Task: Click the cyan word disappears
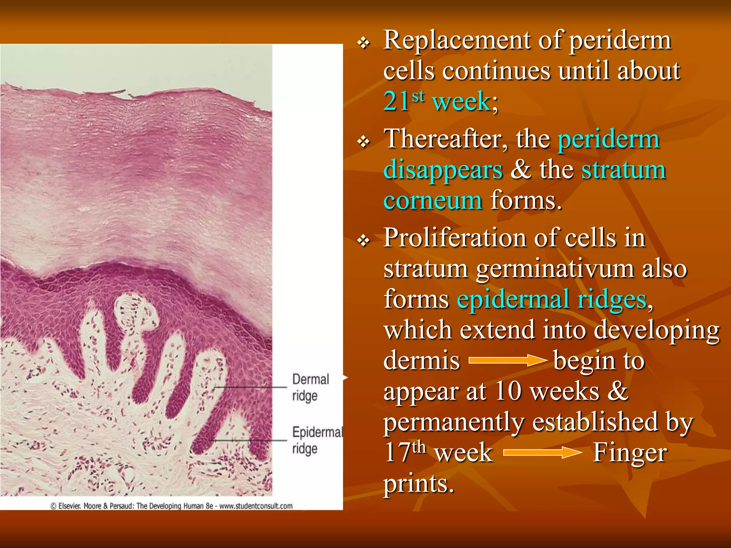(443, 170)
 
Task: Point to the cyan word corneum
(433, 201)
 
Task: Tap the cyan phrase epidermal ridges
(551, 299)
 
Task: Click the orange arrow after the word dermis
(507, 361)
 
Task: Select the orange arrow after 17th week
(542, 453)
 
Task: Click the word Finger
(630, 453)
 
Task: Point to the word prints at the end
(418, 484)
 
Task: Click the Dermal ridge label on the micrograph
(310, 387)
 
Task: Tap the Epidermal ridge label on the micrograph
(316, 440)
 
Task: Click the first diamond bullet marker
(364, 44)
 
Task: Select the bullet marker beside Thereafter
(364, 142)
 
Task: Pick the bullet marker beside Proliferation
(364, 241)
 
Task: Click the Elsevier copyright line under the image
(171, 506)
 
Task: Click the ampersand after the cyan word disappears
(520, 169)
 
